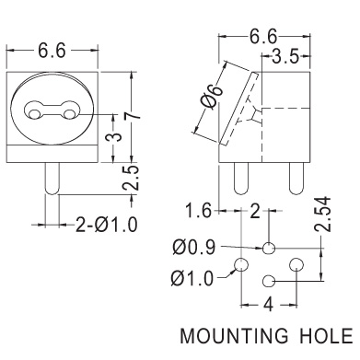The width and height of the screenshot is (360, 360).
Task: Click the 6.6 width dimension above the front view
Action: coord(52,51)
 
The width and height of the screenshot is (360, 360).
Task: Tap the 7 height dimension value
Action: coord(132,116)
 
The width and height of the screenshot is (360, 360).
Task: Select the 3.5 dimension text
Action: coord(285,56)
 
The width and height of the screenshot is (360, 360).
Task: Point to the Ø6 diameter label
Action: coord(211,97)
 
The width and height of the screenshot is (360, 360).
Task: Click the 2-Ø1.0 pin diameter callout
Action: coord(106,225)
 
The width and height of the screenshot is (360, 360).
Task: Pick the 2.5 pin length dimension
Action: coord(130,179)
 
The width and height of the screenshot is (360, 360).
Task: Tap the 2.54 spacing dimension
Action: coord(324,214)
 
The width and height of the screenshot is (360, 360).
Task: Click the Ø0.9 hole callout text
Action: coord(193,248)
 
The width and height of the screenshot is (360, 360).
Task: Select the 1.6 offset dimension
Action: coord(199,211)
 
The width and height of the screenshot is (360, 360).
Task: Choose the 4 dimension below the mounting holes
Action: coord(269,305)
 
